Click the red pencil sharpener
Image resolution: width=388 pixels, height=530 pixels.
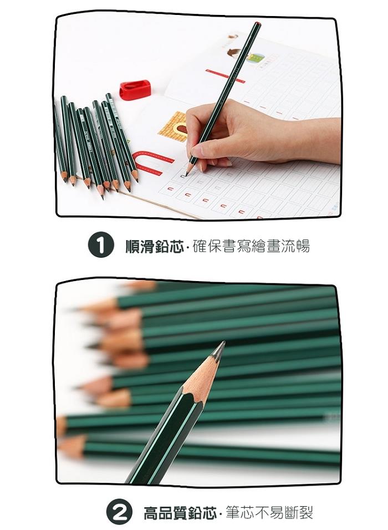(135, 90)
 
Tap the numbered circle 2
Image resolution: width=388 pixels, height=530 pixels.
(119, 511)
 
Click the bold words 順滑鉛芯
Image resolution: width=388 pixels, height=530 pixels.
(154, 246)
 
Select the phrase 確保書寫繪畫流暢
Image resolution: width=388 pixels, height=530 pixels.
(251, 246)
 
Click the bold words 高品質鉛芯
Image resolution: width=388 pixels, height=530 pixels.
(180, 512)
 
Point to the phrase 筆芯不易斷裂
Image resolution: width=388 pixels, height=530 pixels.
(269, 512)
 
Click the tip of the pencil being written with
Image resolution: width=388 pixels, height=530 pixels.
(186, 175)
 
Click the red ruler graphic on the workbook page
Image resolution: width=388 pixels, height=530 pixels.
(225, 76)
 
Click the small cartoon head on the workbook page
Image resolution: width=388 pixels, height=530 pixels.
(234, 53)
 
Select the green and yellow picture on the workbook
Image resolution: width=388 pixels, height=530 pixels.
(256, 58)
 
